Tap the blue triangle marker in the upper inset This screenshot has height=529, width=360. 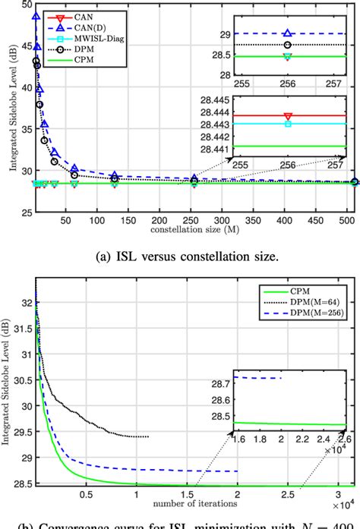pyautogui.click(x=286, y=33)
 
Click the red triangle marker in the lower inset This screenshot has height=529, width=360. pyautogui.click(x=286, y=115)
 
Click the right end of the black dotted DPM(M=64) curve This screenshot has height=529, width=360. pyautogui.click(x=148, y=436)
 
